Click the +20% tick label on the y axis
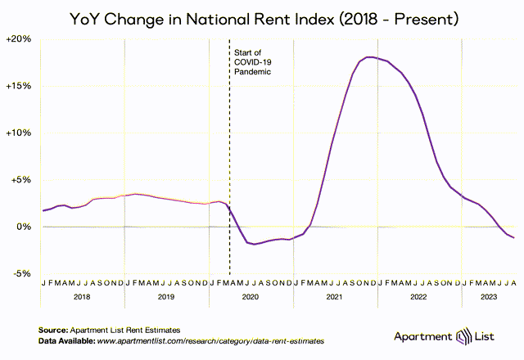click(19, 39)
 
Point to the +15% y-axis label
click(19, 86)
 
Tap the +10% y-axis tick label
click(19, 133)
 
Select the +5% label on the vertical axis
click(21, 180)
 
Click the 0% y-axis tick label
click(24, 227)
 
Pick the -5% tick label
click(22, 274)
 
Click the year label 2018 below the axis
click(82, 297)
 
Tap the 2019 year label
click(166, 297)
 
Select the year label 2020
click(251, 297)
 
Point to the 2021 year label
click(335, 297)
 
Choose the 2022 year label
click(418, 297)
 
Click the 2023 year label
click(489, 297)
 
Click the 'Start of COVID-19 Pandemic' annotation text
click(253, 62)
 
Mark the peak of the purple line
click(370, 57)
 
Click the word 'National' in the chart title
click(219, 19)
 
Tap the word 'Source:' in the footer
click(53, 331)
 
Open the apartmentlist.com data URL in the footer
click(210, 341)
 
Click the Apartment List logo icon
click(464, 336)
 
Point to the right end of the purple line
click(513, 238)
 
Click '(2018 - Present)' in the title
click(399, 20)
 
